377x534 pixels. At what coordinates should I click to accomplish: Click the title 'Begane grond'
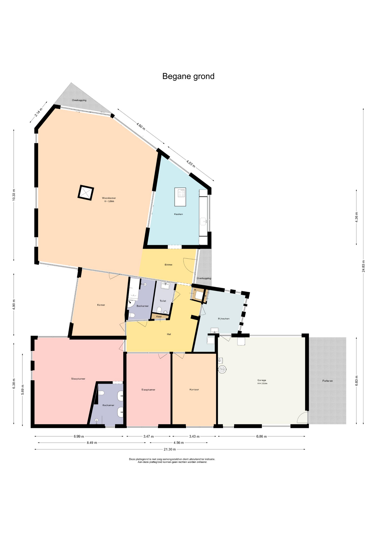point(188,76)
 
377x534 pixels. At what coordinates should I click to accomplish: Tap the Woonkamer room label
point(109,198)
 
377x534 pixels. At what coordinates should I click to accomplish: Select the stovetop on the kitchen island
point(182,193)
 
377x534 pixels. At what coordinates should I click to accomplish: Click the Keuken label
point(179,214)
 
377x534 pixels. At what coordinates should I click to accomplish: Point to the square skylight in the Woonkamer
point(86,192)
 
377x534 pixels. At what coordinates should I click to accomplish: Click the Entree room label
point(169,264)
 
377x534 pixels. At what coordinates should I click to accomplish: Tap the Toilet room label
point(163,301)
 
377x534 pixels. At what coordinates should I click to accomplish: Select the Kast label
point(159,317)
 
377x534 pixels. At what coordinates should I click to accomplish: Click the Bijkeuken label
point(224,318)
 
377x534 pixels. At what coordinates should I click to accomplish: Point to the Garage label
point(262,380)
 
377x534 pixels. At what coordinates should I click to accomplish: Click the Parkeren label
point(328,381)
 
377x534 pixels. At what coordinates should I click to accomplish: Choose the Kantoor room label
point(194,389)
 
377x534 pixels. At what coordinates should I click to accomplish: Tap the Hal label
point(169,334)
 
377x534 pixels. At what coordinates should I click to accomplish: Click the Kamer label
point(101,305)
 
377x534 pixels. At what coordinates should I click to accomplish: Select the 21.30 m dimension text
point(170,449)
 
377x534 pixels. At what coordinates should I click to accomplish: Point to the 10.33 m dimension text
point(14,196)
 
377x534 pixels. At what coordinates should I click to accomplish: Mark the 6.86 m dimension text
point(262,436)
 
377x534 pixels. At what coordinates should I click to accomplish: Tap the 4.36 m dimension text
point(356,217)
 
